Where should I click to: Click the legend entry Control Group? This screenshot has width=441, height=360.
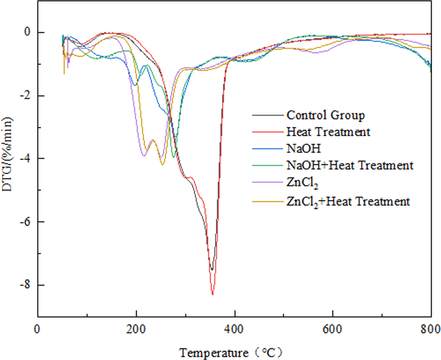(x=326, y=115)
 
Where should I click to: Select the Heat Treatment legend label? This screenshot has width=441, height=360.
(x=328, y=132)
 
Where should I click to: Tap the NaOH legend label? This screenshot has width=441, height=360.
(x=301, y=148)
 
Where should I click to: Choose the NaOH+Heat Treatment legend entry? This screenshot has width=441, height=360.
(x=349, y=165)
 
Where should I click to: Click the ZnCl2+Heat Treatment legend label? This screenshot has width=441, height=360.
(x=348, y=200)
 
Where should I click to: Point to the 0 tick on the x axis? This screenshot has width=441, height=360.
(x=37, y=329)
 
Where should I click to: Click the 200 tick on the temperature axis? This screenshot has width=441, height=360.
(x=136, y=329)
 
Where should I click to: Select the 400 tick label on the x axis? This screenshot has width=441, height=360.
(x=235, y=329)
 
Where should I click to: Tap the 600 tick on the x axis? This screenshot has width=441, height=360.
(x=333, y=329)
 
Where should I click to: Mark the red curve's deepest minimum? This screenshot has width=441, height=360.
(x=212, y=294)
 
